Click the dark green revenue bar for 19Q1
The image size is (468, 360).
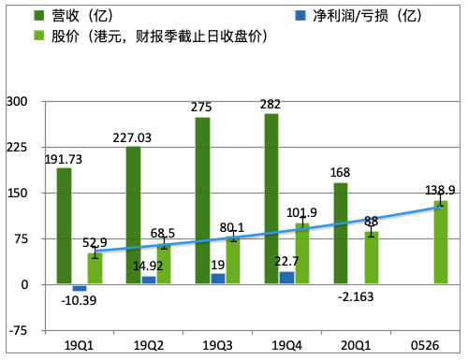coord(64,226)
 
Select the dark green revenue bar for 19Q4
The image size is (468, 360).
coord(271,198)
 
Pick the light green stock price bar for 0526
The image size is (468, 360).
coord(440,243)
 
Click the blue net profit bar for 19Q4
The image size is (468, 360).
coord(286,278)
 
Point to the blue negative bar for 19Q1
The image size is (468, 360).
coord(80,288)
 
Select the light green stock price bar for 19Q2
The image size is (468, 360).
coord(164,264)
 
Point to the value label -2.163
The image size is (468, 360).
coord(357,298)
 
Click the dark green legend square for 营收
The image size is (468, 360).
coord(39,16)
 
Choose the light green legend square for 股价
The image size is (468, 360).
coord(39,36)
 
